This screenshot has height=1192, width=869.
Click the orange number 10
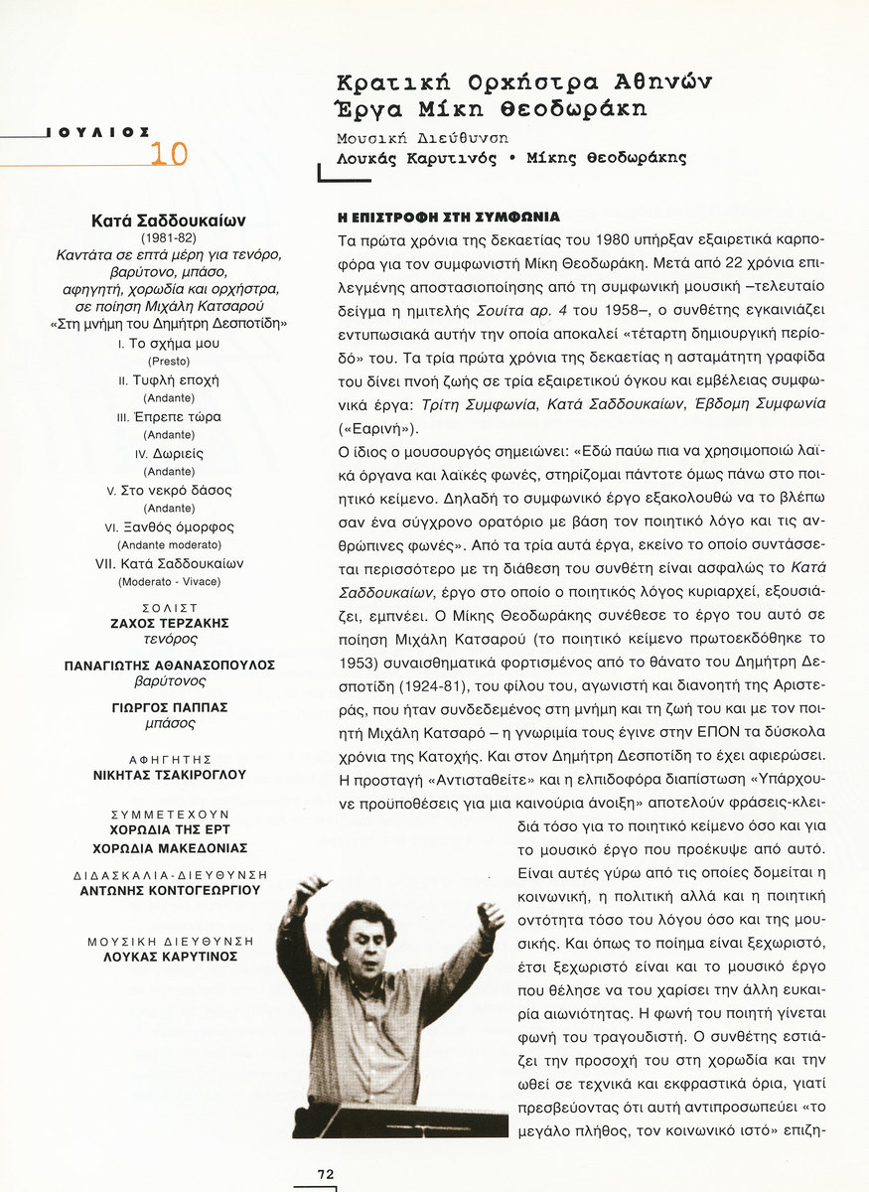[169, 153]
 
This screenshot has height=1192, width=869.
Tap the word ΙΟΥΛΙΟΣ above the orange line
[98, 131]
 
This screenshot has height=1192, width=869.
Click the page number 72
[325, 1173]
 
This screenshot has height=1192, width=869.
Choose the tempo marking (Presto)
[169, 361]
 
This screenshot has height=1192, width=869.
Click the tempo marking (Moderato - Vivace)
[169, 581]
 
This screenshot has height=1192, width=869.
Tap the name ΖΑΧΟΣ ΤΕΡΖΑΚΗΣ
[169, 623]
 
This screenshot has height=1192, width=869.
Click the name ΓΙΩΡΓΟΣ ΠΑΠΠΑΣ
[169, 707]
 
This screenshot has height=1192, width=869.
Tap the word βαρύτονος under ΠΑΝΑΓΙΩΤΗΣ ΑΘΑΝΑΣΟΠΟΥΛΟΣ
[169, 681]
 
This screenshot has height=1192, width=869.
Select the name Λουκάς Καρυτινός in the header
[416, 158]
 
